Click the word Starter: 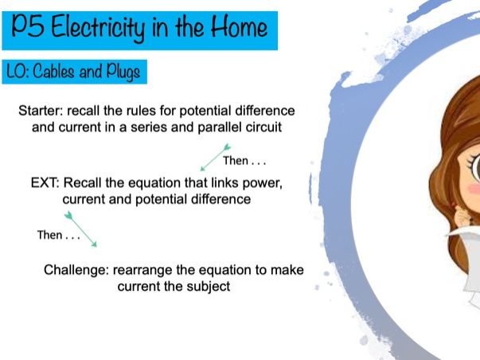point(41,111)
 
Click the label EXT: point(45,183)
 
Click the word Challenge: point(76,270)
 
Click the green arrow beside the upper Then point(215,157)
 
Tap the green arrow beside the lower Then point(80,229)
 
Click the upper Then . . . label point(244,161)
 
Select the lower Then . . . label point(59,235)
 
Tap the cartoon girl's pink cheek point(474,188)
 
